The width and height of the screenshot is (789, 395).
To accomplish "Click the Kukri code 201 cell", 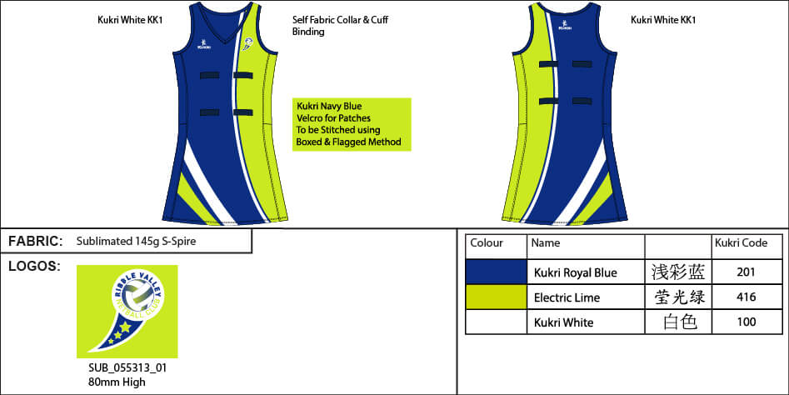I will [x=747, y=272].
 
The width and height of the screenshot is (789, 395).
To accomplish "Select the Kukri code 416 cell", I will [x=747, y=297].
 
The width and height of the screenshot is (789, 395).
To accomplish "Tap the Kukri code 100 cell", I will [x=747, y=322].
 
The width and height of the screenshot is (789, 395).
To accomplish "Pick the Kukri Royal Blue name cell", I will [x=575, y=272].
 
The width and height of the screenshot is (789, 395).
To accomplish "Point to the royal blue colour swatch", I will [x=496, y=272].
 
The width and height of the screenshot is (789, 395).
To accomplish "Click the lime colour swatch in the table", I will [x=496, y=297].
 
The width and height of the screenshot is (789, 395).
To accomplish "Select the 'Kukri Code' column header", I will [x=741, y=243].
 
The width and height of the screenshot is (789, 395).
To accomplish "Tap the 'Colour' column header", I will [x=487, y=243].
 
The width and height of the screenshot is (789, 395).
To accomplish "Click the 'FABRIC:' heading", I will [x=36, y=242].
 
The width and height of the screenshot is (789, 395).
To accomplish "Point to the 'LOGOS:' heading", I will [x=33, y=266].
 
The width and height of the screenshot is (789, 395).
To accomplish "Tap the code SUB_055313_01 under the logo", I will [x=122, y=367].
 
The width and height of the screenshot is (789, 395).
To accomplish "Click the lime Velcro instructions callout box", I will [x=352, y=124].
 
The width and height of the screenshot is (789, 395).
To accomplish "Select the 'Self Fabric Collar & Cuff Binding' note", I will [x=340, y=26].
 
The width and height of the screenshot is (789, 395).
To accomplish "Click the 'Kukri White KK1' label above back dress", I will [x=662, y=20].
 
